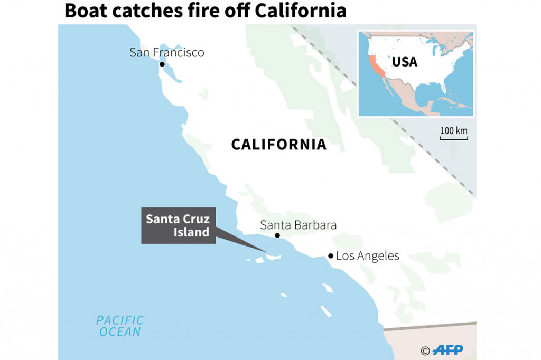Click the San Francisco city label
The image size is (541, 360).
coord(166,52)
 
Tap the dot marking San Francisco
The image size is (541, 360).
coord(162,64)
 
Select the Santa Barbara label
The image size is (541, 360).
coord(298,225)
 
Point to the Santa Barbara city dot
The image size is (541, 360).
coord(277,235)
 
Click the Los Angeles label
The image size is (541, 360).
coord(367,257)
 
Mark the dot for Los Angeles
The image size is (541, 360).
coord(331,256)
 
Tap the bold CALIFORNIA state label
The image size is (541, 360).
coord(278,145)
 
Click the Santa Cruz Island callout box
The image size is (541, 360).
coord(178,225)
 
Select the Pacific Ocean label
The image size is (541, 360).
coord(119,326)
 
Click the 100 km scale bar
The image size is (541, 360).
coord(454,138)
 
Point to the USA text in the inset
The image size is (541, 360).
coord(404,62)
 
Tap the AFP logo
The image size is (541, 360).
coord(449,350)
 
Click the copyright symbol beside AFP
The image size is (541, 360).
coord(425,350)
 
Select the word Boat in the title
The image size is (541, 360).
coord(83,11)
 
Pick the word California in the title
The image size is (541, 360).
coord(298,11)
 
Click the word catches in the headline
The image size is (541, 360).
coord(142,11)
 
